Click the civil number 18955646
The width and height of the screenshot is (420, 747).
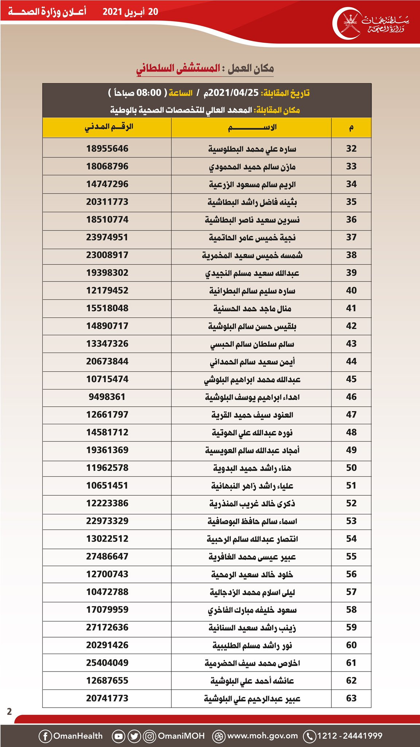[107, 148]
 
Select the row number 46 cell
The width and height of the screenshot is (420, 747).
[351, 397]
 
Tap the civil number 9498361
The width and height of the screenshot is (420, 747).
[107, 397]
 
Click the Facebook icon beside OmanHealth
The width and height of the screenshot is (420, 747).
[45, 736]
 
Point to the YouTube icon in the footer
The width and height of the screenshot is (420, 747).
[118, 736]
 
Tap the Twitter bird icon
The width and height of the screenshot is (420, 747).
[134, 736]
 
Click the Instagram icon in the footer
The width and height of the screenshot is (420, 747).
[149, 736]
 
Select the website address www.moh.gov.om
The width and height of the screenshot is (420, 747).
[262, 736]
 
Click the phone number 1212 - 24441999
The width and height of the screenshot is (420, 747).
[350, 736]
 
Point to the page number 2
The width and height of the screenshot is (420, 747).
[9, 711]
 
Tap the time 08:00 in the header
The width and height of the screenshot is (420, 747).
[149, 93]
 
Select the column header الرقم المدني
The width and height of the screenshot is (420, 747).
[109, 127]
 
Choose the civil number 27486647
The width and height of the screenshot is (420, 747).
[107, 556]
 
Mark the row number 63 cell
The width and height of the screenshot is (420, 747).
[351, 698]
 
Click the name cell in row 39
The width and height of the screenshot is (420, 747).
[252, 273]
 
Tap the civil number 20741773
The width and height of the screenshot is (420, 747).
[107, 698]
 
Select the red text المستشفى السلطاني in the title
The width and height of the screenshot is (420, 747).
[178, 69]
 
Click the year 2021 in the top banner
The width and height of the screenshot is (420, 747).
[112, 12]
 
